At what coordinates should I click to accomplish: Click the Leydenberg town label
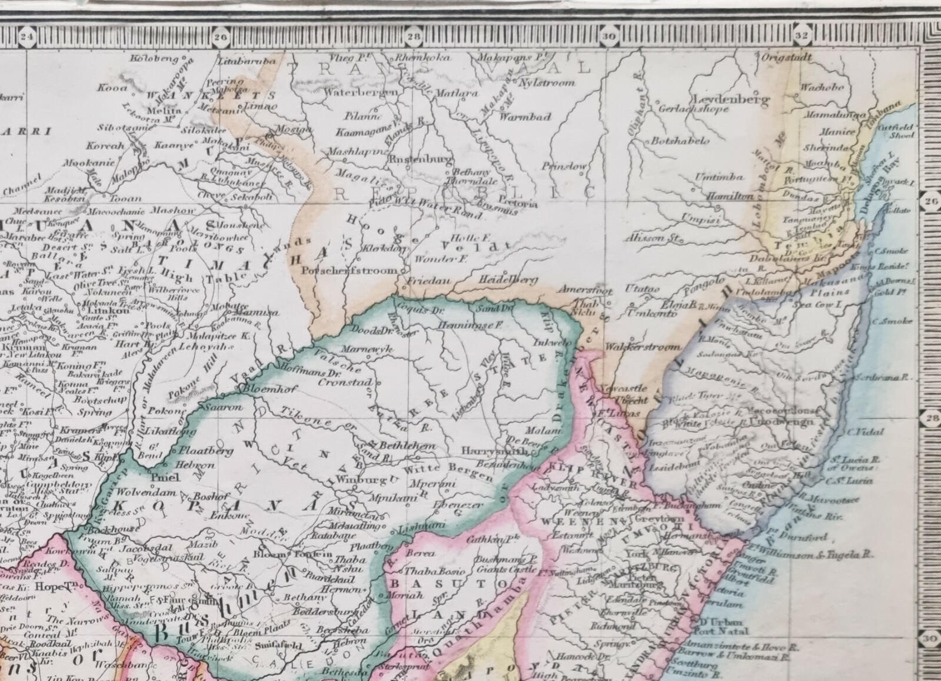pyautogui.click(x=732, y=99)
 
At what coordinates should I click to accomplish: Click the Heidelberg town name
pyautogui.click(x=509, y=280)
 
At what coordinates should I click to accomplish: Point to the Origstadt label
pyautogui.click(x=787, y=58)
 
